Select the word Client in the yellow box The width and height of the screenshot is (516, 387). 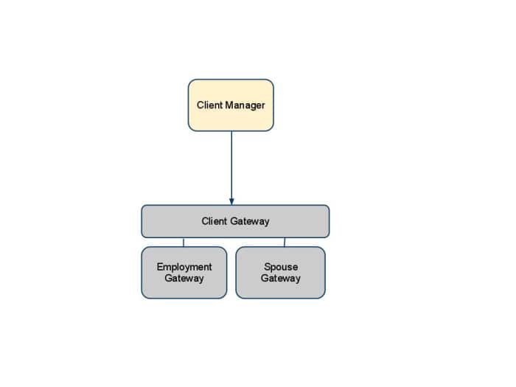(x=209, y=105)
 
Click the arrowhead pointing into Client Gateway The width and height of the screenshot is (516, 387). (x=231, y=201)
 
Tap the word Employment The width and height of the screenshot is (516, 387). (x=184, y=267)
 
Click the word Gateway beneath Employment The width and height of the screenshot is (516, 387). (x=184, y=279)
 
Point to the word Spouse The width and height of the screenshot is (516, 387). (x=280, y=267)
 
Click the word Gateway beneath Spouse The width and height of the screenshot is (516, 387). (x=280, y=279)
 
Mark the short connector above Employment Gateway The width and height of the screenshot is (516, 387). (x=184, y=242)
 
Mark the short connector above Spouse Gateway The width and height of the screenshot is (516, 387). (x=285, y=242)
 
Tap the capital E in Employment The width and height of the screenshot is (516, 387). (x=160, y=267)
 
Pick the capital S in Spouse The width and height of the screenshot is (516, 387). (x=266, y=267)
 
